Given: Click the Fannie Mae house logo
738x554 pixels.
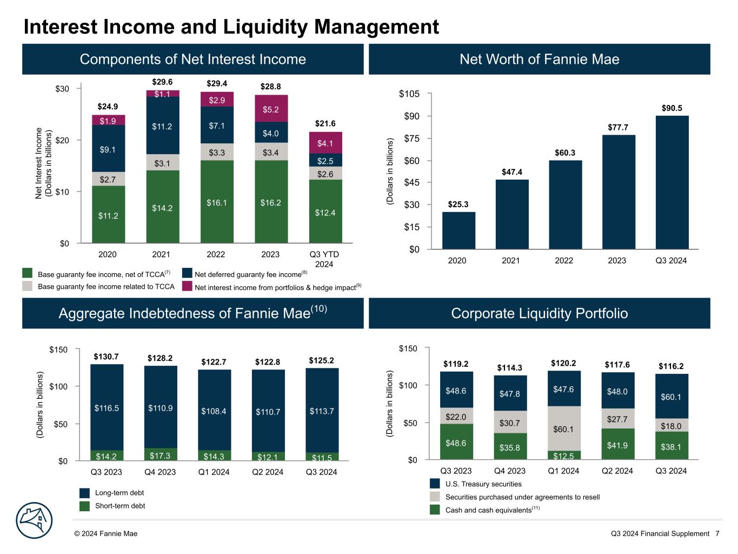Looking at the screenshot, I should (34, 520).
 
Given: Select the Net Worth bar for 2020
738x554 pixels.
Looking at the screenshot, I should (458, 230).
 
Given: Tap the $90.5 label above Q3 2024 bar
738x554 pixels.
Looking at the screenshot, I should (671, 108).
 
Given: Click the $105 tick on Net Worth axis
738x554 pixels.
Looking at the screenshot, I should (409, 94).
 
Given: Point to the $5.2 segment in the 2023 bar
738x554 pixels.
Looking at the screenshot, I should (271, 109).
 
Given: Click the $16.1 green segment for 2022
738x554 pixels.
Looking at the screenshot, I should (216, 203).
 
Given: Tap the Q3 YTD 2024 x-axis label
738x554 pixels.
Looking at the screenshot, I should (324, 259).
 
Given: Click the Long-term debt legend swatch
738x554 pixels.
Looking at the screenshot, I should (84, 493).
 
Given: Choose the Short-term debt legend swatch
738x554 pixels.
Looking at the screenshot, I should (84, 506).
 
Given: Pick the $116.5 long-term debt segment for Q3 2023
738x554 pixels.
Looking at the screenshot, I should (107, 408).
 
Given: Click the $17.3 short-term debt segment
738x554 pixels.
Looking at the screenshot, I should (161, 456).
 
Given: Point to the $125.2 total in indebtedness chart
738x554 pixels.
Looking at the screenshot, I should (322, 360).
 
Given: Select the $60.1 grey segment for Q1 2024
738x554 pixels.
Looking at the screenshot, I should (563, 429).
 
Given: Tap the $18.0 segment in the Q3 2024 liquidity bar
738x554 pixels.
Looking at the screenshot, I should (671, 426).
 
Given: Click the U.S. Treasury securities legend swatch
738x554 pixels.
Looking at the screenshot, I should (435, 484).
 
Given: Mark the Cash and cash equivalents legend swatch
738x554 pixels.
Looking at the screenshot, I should (435, 510).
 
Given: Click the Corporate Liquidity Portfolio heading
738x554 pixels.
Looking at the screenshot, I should (539, 313).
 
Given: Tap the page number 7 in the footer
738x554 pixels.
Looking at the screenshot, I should (717, 533).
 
